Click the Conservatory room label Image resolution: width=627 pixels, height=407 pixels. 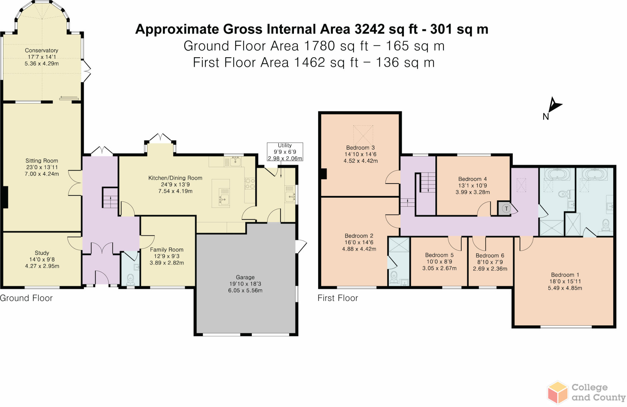click(42, 50)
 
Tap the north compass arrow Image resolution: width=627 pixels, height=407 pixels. click(554, 106)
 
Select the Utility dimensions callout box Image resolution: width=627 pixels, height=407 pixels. click(285, 152)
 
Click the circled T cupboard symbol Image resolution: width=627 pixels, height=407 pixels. click(506, 209)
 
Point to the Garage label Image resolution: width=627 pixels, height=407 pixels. click(245, 277)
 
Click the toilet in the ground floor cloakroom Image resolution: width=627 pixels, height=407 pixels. click(131, 279)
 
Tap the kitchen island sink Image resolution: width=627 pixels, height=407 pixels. click(224, 199)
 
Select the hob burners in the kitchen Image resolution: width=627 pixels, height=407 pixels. click(250, 183)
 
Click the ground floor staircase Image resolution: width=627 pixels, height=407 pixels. click(110, 198)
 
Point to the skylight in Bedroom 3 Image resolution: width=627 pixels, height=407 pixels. click(363, 135)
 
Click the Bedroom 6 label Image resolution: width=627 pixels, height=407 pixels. click(490, 256)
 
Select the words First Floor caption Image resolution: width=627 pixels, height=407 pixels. click(338, 298)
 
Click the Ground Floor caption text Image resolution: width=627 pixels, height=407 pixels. click(26, 298)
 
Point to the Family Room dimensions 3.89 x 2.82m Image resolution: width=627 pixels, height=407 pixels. click(167, 263)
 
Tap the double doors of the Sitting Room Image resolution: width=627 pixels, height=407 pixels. click(75, 183)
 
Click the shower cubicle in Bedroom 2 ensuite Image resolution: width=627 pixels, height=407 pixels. click(399, 245)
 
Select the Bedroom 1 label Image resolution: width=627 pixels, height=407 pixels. click(565, 275)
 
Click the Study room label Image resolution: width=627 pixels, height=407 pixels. click(42, 253)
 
